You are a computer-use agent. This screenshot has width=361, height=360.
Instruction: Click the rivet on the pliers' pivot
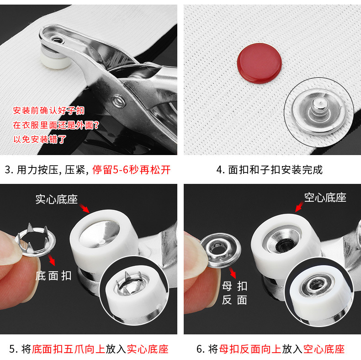pyautogui.click(x=119, y=100)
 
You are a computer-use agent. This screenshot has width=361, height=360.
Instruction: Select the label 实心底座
pyautogui.click(x=57, y=199)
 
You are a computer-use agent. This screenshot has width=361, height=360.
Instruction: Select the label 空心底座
pyautogui.click(x=325, y=198)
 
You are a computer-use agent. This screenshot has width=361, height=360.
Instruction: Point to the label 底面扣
pyautogui.click(x=53, y=276)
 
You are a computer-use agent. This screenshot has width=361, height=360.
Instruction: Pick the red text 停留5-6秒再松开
pyautogui.click(x=132, y=170)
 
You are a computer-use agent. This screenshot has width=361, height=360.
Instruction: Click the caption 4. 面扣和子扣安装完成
pyautogui.click(x=269, y=170)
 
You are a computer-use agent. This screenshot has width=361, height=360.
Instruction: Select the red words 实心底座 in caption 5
pyautogui.click(x=147, y=349)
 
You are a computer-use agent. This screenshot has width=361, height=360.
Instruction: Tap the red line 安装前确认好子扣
pyautogui.click(x=48, y=111)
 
